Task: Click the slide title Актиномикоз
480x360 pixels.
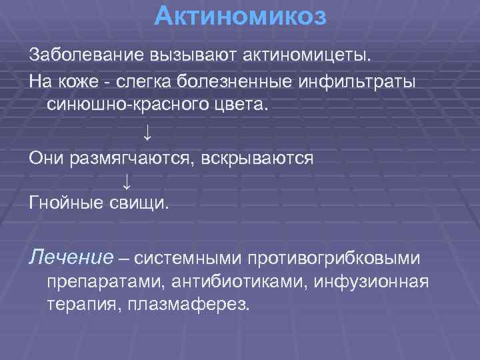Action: [240, 16]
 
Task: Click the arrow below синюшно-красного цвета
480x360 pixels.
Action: [147, 132]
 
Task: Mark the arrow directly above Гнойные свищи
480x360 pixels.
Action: [127, 181]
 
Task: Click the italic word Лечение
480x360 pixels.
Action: [65, 256]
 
